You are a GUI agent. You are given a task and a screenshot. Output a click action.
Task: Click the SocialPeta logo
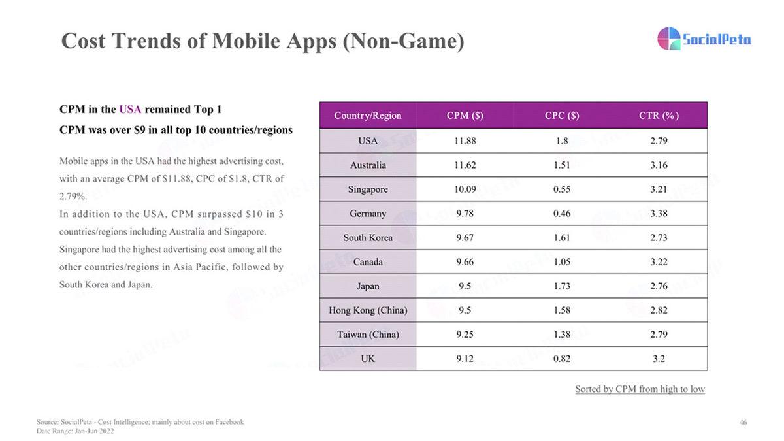704,39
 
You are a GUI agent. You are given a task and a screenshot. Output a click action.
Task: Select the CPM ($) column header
465,116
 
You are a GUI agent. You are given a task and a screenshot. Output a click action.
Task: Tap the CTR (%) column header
659,116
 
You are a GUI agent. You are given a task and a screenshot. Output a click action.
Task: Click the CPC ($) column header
562,116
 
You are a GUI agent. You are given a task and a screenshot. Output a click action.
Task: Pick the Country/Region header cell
368,116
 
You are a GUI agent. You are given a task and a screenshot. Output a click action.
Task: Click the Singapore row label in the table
368,189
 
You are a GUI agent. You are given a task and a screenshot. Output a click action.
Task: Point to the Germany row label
368,214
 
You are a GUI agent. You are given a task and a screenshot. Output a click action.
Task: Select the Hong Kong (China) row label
368,310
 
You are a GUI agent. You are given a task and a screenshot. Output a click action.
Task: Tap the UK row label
368,359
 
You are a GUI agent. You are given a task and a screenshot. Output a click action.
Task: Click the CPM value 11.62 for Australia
465,165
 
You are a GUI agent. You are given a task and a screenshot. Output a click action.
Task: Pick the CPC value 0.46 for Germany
562,214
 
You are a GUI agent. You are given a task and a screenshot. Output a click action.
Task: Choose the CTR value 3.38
659,214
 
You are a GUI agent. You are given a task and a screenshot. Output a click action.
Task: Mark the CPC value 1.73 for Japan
562,286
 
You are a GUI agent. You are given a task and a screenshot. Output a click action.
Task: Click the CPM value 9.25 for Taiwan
465,335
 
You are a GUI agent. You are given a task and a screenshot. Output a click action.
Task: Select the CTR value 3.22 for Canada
659,262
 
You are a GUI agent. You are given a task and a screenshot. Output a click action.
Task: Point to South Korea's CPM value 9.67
465,238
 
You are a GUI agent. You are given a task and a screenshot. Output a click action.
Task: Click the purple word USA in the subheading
130,109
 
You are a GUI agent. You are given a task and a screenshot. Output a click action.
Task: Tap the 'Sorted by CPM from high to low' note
640,389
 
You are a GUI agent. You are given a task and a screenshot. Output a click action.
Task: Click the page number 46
743,423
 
